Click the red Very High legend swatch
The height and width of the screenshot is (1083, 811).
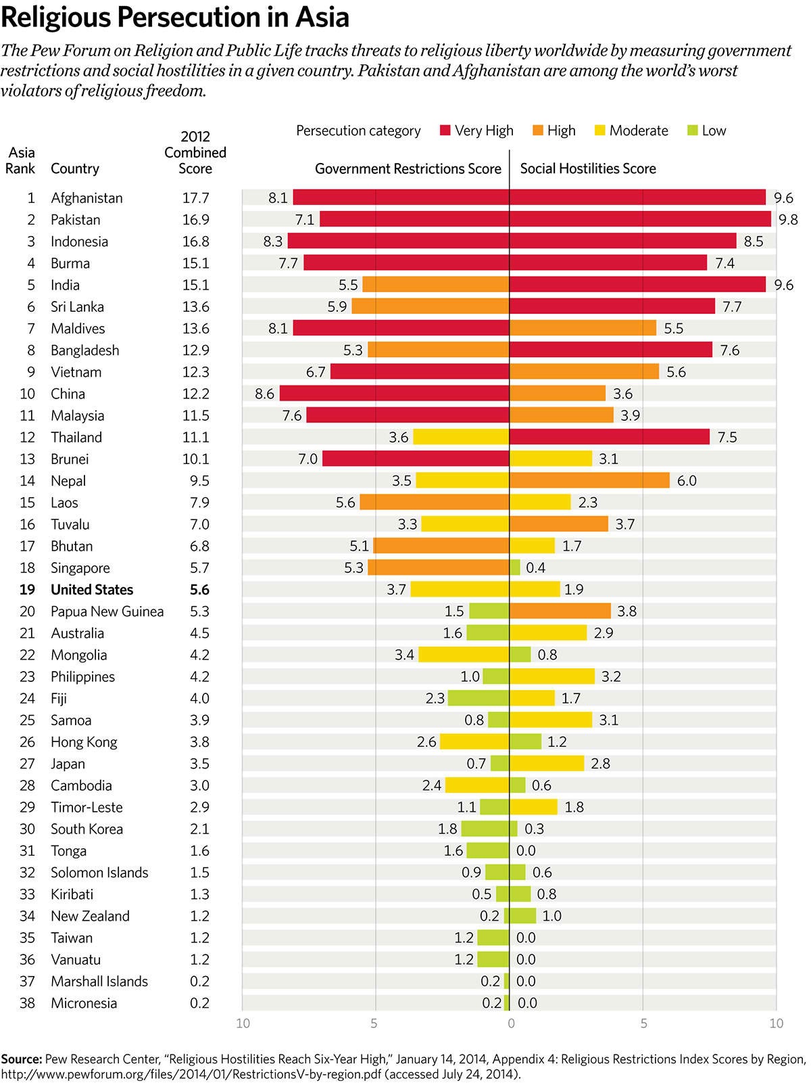pyautogui.click(x=445, y=131)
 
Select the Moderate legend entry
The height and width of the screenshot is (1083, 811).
pyautogui.click(x=631, y=131)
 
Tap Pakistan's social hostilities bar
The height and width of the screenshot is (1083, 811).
pyautogui.click(x=640, y=219)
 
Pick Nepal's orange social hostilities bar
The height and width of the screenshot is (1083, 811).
pyautogui.click(x=589, y=481)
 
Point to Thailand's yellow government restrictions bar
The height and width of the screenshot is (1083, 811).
pyautogui.click(x=461, y=437)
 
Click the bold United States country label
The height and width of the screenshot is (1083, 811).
pyautogui.click(x=92, y=590)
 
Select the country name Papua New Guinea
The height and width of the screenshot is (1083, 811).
pyautogui.click(x=107, y=612)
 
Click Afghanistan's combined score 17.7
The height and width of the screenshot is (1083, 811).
pyautogui.click(x=196, y=198)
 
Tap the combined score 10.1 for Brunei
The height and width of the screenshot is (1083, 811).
pyautogui.click(x=196, y=459)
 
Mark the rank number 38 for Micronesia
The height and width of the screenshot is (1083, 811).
pyautogui.click(x=27, y=1003)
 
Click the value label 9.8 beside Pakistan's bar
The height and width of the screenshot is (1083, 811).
pyautogui.click(x=788, y=220)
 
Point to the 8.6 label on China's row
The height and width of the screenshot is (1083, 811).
pyautogui.click(x=265, y=394)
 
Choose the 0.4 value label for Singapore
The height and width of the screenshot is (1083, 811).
pyautogui.click(x=536, y=568)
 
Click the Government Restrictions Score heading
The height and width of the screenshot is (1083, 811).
pyautogui.click(x=408, y=169)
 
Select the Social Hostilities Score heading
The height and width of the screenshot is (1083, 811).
pyautogui.click(x=588, y=169)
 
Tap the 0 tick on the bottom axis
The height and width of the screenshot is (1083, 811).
pyautogui.click(x=511, y=1023)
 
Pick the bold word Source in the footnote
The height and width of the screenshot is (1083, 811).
pyautogui.click(x=21, y=1059)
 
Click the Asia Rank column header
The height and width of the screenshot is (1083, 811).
pyautogui.click(x=20, y=160)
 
